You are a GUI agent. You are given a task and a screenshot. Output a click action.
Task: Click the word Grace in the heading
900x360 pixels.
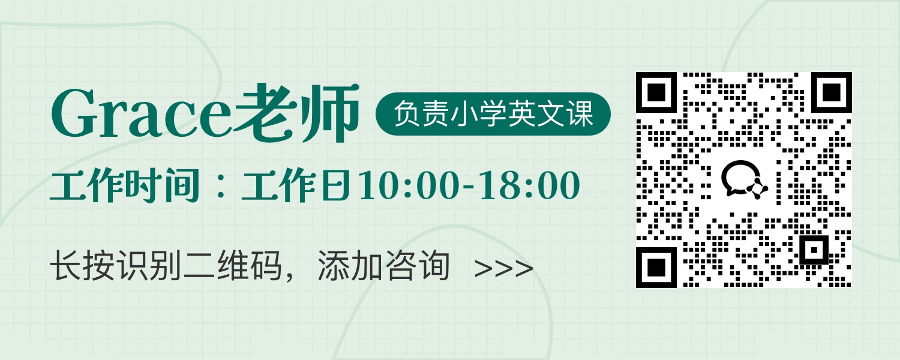point(141,114)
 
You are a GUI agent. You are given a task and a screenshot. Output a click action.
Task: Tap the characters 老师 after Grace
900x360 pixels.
point(296,113)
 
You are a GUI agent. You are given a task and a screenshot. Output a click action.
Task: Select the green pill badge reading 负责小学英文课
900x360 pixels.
point(493,114)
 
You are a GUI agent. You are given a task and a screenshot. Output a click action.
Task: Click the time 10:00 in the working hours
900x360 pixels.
point(409,185)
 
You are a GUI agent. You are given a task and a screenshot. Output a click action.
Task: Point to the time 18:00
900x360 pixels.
point(530,185)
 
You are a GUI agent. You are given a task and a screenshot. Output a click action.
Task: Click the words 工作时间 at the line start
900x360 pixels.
point(125,185)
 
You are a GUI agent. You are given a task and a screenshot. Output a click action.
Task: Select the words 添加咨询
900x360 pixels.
point(383,266)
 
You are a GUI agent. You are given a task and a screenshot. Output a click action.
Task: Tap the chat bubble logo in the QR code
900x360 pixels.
point(744,179)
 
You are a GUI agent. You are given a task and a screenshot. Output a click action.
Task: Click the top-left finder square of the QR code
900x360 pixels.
point(656,92)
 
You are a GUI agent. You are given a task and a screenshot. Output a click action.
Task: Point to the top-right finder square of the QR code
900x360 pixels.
point(831,92)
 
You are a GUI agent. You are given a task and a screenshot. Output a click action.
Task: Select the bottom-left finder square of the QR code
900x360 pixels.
point(656,267)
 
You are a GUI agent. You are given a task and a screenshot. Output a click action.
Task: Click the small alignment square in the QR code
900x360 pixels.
point(814,250)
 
